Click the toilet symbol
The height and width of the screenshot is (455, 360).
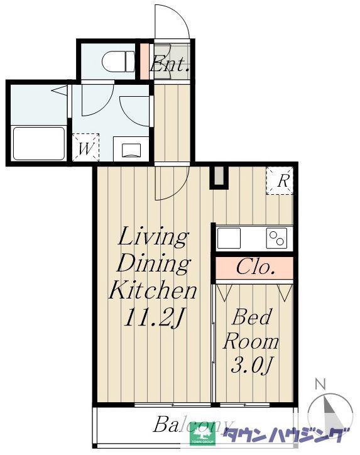coord(118,62)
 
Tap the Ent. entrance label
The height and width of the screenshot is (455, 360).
coord(170,64)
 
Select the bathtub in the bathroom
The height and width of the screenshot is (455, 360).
coord(39,143)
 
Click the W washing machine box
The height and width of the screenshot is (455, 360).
coord(85,148)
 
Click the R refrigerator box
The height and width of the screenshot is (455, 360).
coord(280,180)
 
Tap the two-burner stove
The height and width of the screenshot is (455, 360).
coord(276,238)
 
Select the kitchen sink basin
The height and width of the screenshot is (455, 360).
coord(229,238)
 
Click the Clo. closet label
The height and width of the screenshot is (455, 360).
coord(255,267)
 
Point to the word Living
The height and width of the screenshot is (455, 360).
coord(153,238)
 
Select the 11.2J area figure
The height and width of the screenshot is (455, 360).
coord(154,317)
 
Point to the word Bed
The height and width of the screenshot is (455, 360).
coord(252,317)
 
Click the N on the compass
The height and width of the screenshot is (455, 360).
coord(320,384)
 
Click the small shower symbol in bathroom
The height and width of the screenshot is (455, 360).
coord(60,90)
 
